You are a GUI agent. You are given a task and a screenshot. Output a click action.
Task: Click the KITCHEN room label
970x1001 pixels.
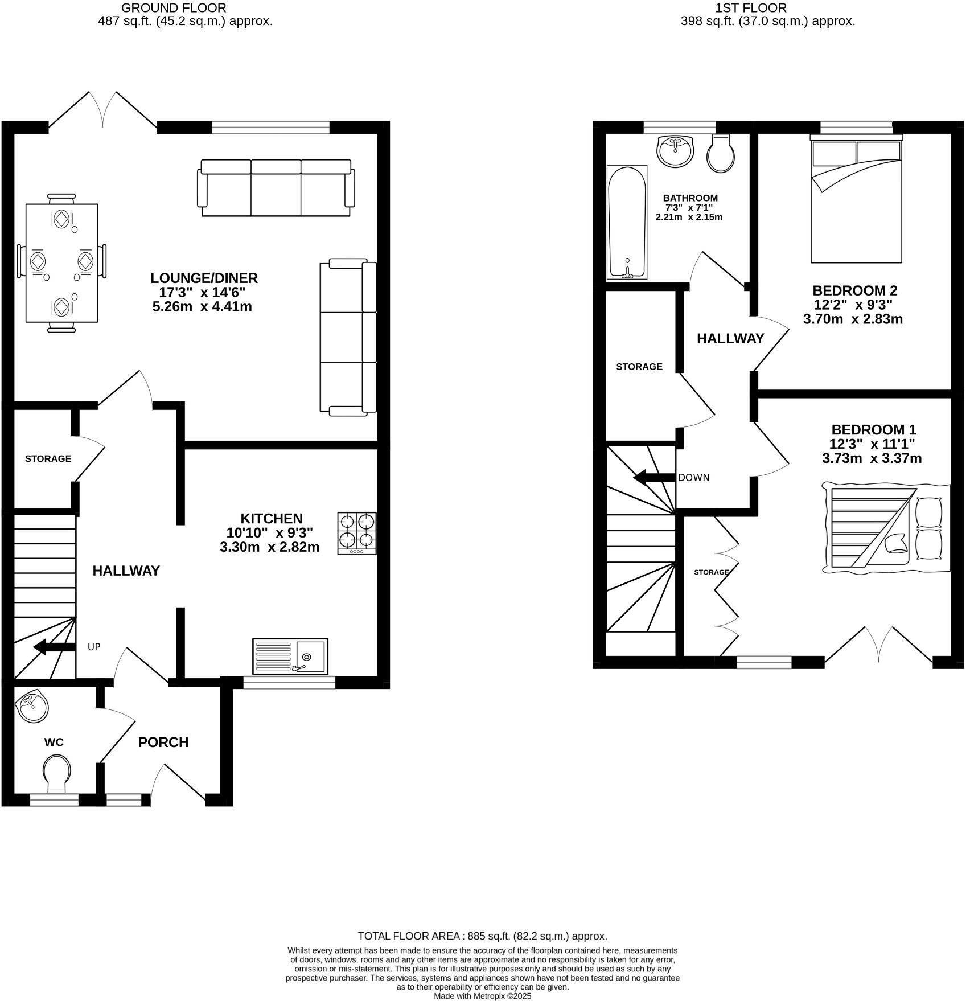[272, 519]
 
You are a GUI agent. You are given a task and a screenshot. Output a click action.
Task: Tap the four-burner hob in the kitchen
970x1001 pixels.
[357, 534]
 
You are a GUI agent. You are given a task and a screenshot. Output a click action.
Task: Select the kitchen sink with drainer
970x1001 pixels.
[290, 656]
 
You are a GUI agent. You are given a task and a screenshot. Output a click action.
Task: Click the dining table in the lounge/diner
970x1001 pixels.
[61, 262]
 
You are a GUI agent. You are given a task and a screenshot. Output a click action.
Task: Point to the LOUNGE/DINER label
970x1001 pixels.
[204, 278]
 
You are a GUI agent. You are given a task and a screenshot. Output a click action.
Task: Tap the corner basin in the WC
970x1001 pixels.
[33, 707]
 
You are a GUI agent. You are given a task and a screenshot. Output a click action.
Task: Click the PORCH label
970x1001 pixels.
[163, 742]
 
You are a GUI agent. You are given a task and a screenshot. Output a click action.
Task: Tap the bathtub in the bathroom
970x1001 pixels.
[627, 222]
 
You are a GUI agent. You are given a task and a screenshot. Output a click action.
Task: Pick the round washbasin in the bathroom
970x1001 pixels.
[675, 150]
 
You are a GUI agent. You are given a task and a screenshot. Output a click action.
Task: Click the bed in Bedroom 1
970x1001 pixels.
[886, 528]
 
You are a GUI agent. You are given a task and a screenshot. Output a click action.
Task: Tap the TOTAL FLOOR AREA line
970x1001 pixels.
[482, 936]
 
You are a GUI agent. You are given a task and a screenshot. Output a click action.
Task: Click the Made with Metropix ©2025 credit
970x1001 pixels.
[482, 996]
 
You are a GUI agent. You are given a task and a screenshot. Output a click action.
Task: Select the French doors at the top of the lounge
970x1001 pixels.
[102, 111]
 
